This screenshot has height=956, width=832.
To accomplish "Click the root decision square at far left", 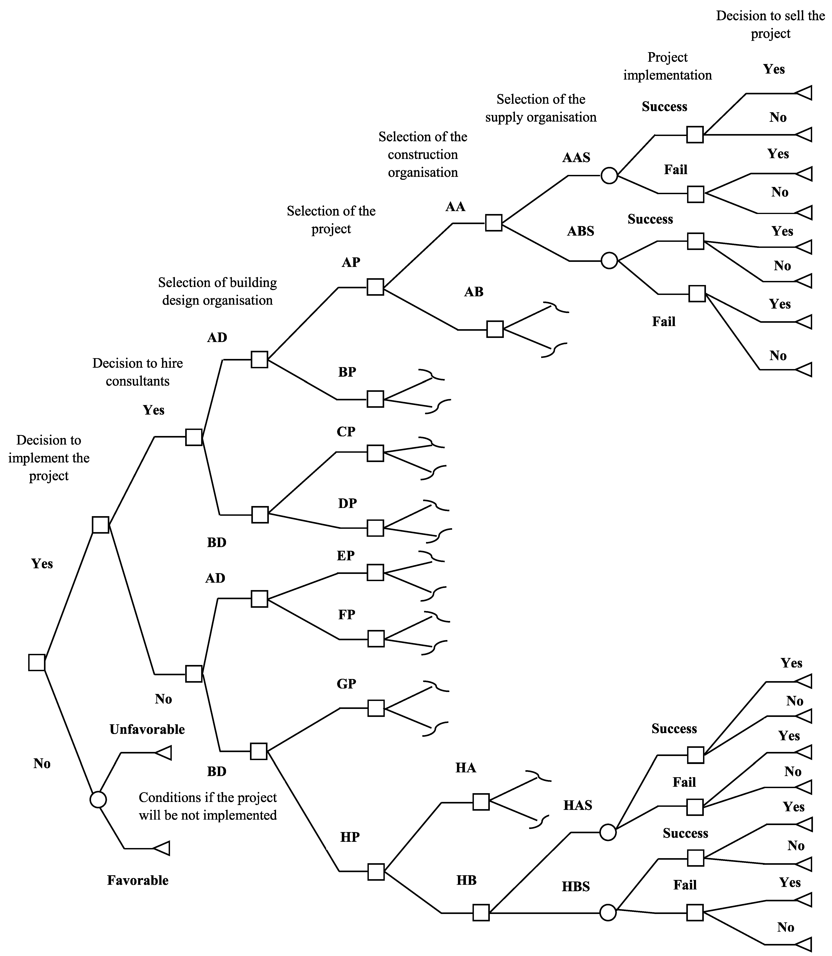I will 37,662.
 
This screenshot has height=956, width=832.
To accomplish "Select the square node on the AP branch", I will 375,287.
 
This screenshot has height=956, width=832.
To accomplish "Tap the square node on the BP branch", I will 375,399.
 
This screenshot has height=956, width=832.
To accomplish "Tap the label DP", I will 347,503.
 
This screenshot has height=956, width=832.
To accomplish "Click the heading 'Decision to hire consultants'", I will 137,372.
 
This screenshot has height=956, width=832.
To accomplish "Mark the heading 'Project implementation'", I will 667,66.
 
